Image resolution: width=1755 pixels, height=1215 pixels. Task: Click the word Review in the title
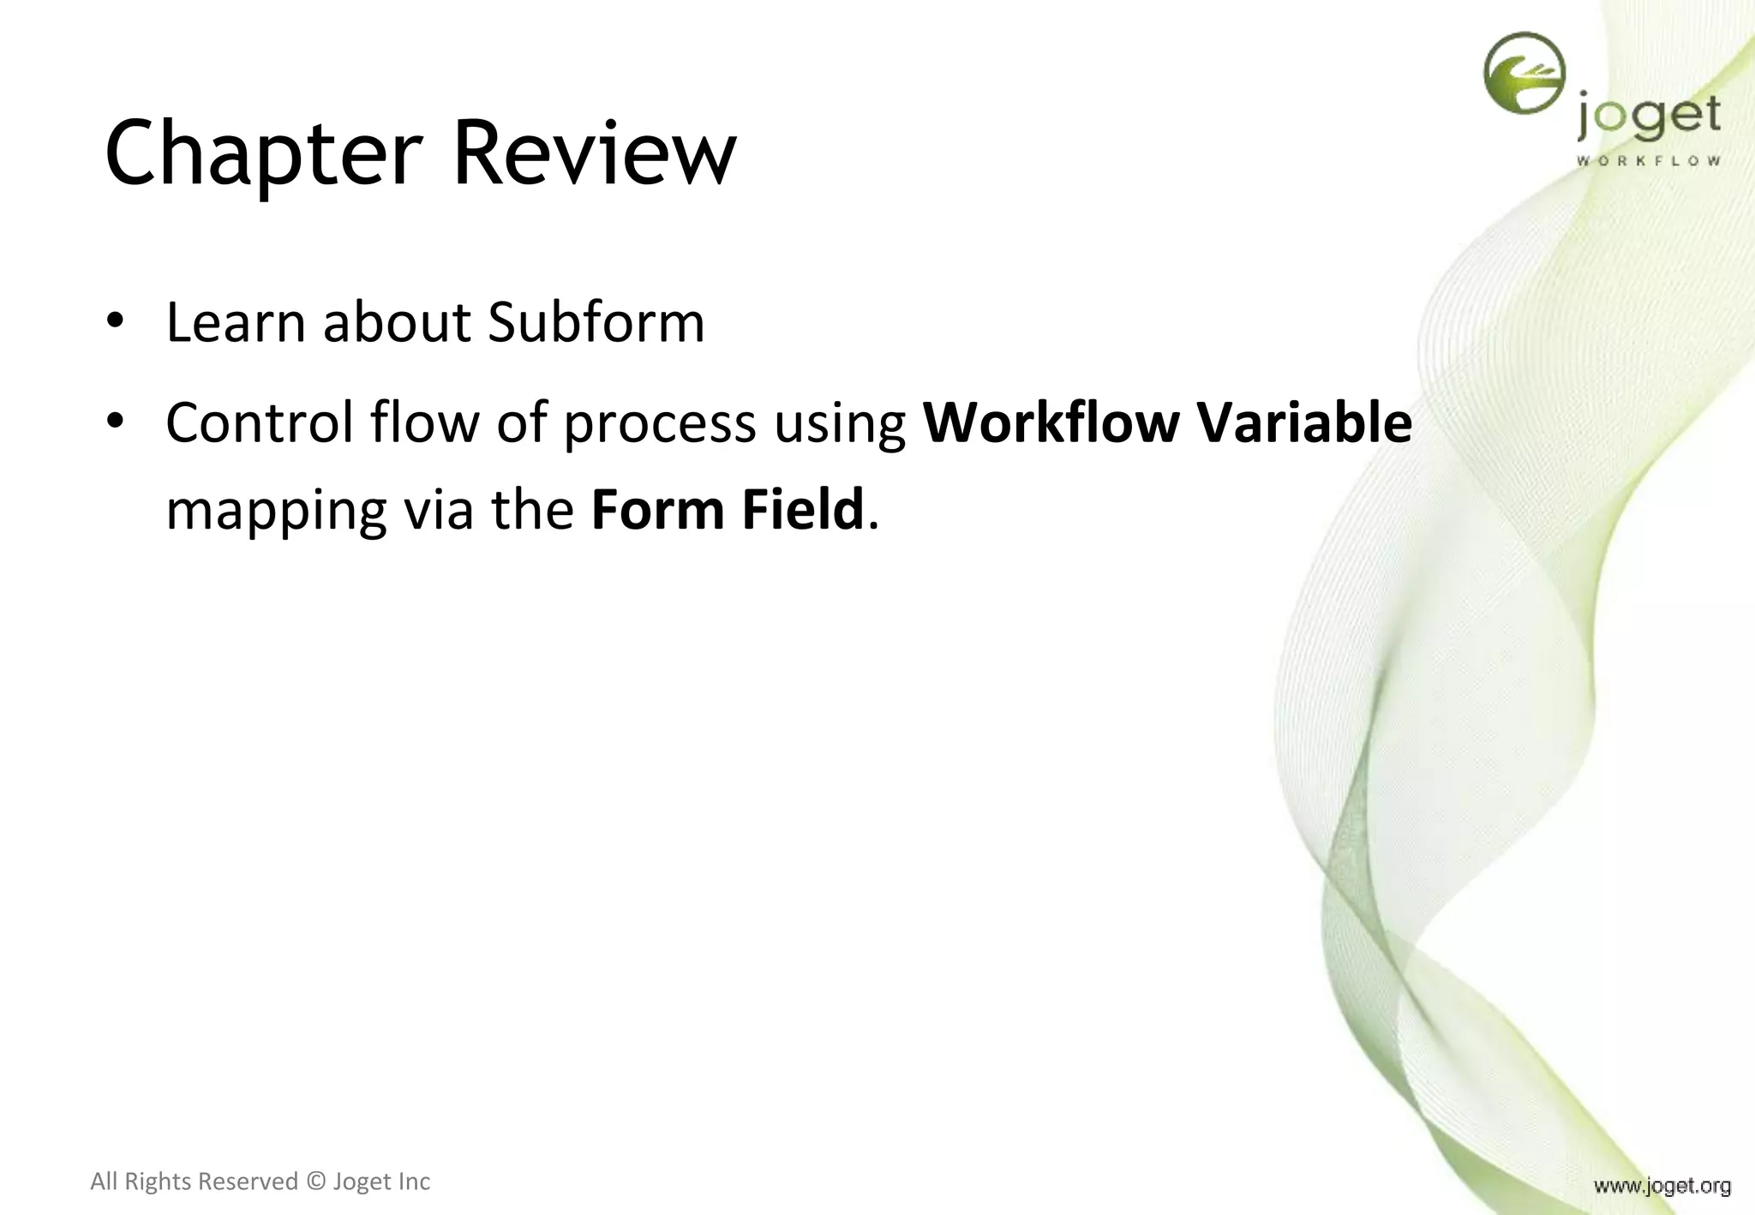pos(593,154)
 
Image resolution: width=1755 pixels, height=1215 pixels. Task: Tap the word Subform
pos(596,323)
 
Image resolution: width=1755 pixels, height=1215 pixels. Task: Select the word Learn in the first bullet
pos(236,323)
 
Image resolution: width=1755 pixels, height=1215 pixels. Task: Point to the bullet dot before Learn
pos(116,321)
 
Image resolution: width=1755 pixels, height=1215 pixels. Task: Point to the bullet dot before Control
pos(116,421)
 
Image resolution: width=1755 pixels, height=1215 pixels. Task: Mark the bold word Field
pos(803,510)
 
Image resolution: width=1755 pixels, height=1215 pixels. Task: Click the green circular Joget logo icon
pos(1524,74)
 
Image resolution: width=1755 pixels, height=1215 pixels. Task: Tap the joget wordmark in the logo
pos(1648,118)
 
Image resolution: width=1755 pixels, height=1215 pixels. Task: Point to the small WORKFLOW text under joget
pos(1648,160)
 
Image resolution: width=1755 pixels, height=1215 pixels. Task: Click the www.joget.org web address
pos(1662,1186)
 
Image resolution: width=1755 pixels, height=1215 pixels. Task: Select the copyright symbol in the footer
pos(316,1182)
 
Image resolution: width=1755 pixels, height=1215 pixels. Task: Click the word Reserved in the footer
pos(248,1182)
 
